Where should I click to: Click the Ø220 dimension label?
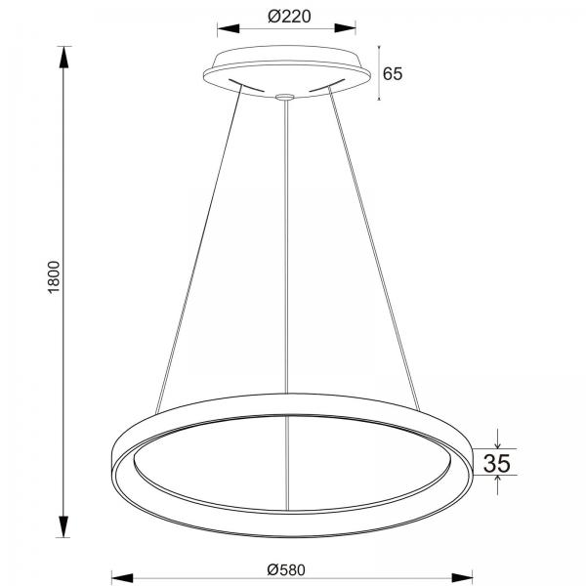[289, 17]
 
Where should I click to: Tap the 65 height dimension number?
[393, 73]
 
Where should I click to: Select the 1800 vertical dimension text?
[54, 277]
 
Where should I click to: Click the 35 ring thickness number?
[497, 463]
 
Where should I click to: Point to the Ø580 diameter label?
[286, 570]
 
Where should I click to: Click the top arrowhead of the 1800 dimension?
[63, 57]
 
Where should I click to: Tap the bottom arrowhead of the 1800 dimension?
[63, 526]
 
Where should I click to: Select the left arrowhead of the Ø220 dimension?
[229, 28]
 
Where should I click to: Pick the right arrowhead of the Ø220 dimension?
[345, 28]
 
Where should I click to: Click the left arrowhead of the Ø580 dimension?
[123, 578]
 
